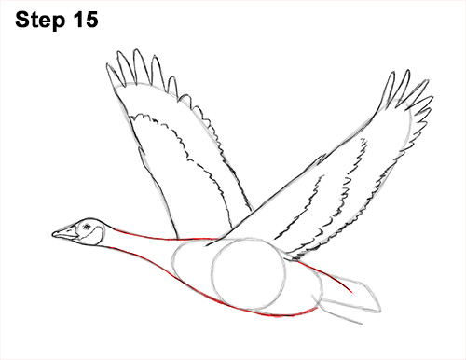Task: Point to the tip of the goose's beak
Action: click(53, 235)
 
